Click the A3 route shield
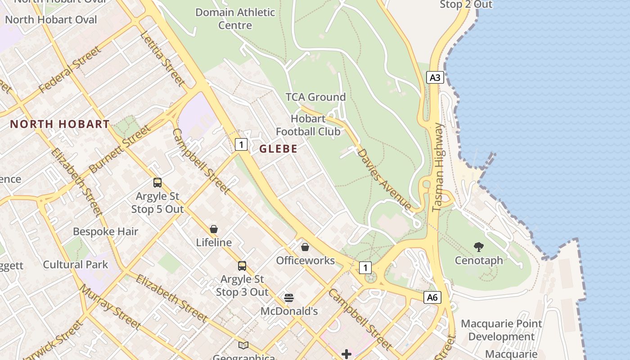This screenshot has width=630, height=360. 435,77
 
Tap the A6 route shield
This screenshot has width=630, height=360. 432,297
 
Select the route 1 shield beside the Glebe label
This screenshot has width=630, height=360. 242,144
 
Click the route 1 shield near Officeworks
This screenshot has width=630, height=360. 365,268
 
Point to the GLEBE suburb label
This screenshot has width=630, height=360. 278,149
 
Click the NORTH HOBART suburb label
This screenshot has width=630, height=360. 60,124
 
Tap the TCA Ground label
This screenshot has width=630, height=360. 315,97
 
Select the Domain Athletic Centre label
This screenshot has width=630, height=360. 235,18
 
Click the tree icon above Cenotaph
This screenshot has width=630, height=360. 478,247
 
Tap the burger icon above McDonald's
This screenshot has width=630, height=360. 289,298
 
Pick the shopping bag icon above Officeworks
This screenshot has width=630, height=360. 305,247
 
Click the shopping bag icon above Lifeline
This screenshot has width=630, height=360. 214,229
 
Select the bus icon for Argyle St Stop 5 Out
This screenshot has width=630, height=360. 157,183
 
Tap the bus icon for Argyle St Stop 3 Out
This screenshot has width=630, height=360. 242,266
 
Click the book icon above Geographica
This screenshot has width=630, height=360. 243,345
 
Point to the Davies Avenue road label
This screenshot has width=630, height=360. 384,179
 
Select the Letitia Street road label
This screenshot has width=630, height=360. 162,58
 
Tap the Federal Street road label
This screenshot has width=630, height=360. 70,70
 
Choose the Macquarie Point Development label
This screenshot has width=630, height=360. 501,330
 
